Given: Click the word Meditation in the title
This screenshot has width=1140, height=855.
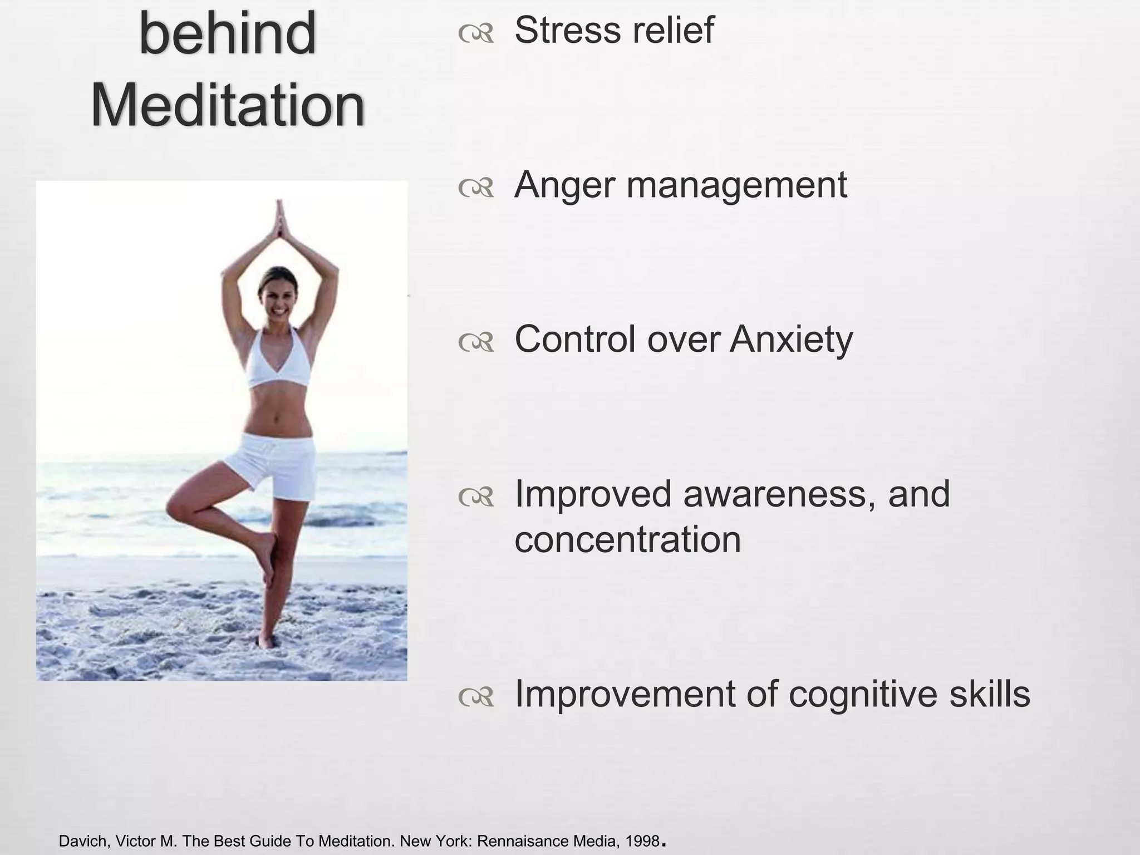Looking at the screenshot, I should [x=228, y=105].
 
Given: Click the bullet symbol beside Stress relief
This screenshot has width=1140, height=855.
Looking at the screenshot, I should [x=476, y=35].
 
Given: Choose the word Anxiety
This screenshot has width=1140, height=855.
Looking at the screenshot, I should [x=791, y=340].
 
